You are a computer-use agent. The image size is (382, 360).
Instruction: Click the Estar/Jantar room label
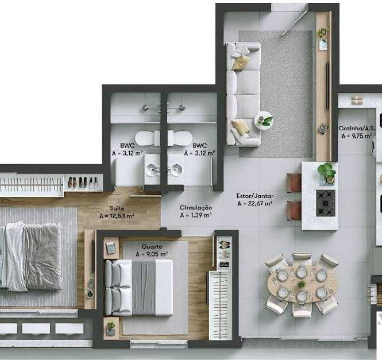254,196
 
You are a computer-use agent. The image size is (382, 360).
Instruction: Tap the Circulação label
196,207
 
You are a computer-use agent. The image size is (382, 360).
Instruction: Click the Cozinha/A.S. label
356,129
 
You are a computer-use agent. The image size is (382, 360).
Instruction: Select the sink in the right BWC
176,168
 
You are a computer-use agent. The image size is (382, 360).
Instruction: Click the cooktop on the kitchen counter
326,203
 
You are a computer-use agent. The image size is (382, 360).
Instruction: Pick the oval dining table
302,284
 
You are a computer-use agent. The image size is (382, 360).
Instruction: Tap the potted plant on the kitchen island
326,172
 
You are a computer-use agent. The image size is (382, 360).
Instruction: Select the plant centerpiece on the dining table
302,284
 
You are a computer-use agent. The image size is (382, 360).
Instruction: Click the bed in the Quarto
139,288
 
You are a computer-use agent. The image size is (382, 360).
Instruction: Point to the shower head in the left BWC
145,107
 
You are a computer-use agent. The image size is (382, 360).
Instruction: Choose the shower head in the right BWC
182,107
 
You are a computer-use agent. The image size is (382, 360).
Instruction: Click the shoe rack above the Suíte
83,183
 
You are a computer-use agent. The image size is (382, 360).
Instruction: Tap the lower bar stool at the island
294,211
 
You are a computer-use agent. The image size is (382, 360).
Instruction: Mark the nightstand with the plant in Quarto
111,328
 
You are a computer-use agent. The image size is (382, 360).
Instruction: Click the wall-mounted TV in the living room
327,85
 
